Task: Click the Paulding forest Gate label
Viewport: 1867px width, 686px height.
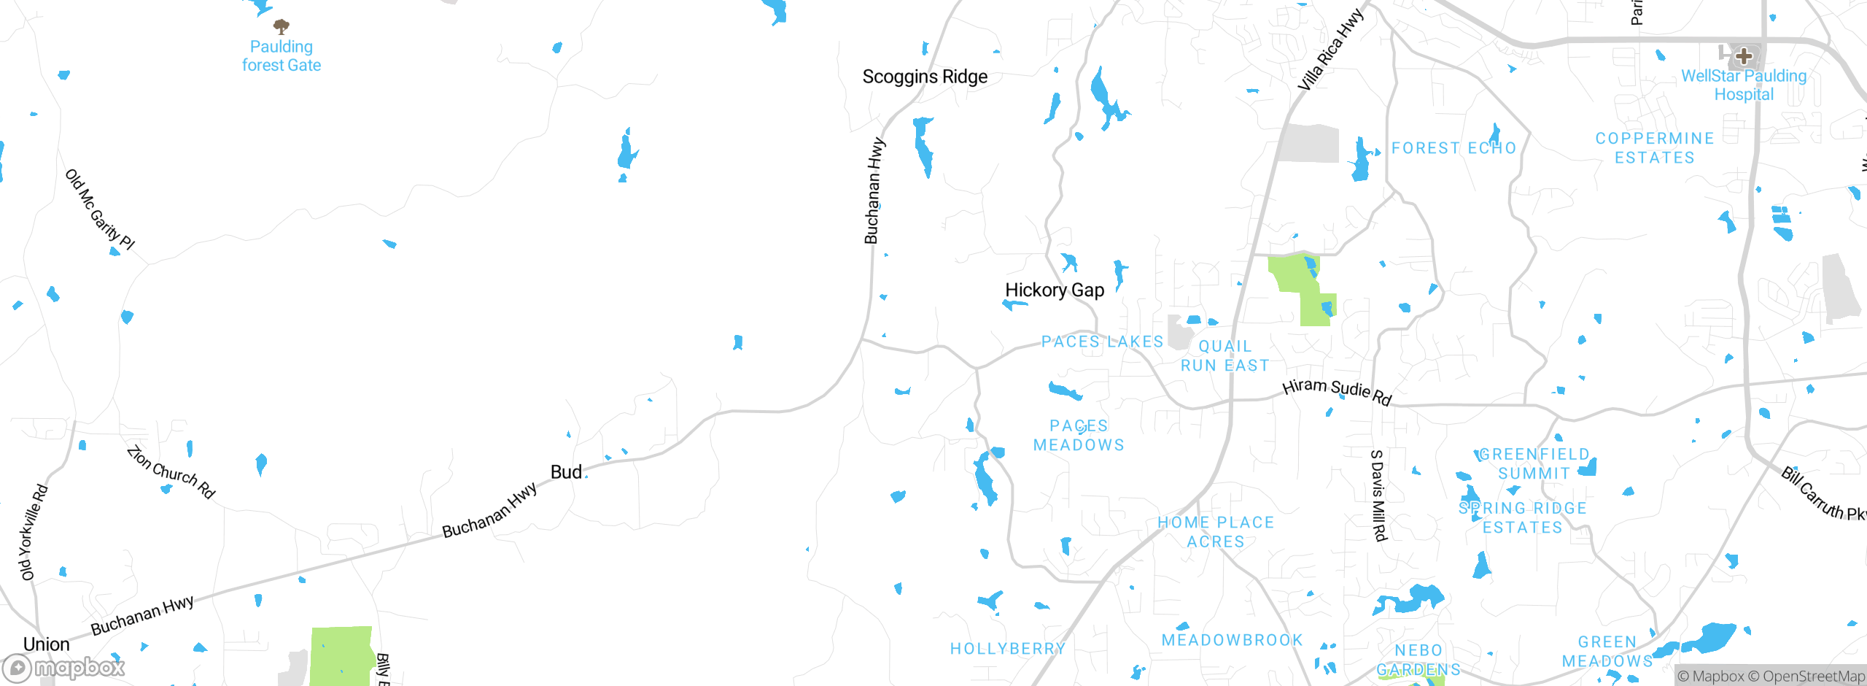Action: (x=282, y=56)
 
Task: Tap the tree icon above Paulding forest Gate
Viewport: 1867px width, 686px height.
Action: (x=282, y=27)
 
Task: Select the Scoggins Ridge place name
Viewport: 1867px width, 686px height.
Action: (x=925, y=77)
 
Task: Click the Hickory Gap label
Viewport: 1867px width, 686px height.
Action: (x=1055, y=290)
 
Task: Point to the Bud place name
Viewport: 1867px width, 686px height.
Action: (x=566, y=472)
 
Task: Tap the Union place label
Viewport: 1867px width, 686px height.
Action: (x=47, y=644)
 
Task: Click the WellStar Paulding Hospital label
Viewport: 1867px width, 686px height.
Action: (x=1744, y=85)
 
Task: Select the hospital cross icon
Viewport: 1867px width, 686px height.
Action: (x=1744, y=55)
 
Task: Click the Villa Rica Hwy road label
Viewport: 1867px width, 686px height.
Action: (x=1330, y=50)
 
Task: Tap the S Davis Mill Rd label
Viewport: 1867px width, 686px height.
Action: (x=1378, y=496)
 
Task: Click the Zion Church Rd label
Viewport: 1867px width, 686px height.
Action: (x=171, y=472)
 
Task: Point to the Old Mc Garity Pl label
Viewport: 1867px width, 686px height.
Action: (x=101, y=210)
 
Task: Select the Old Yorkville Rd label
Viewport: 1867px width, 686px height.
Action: (x=33, y=532)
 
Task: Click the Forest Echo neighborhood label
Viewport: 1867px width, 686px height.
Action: (x=1453, y=148)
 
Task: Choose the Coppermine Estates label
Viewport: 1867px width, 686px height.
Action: (x=1655, y=148)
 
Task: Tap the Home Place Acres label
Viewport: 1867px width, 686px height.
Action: (x=1216, y=532)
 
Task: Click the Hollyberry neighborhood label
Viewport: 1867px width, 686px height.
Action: (x=1008, y=649)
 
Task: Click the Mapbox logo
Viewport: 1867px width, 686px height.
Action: (x=64, y=668)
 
